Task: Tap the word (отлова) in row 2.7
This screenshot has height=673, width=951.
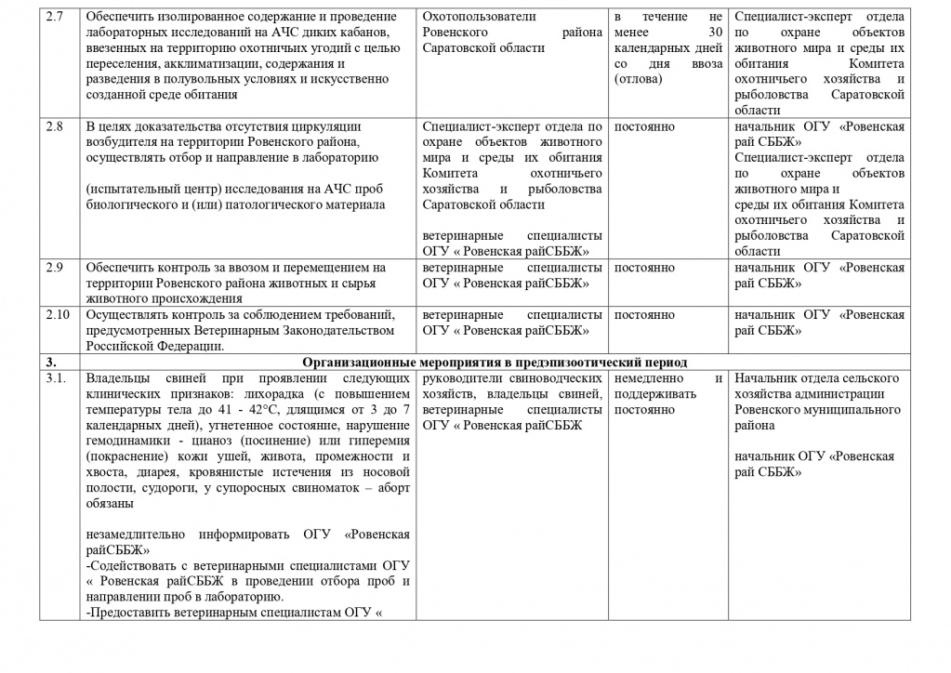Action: coord(638,78)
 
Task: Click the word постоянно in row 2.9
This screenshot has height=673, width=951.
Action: coord(644,268)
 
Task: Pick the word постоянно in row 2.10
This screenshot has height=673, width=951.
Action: coord(644,315)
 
